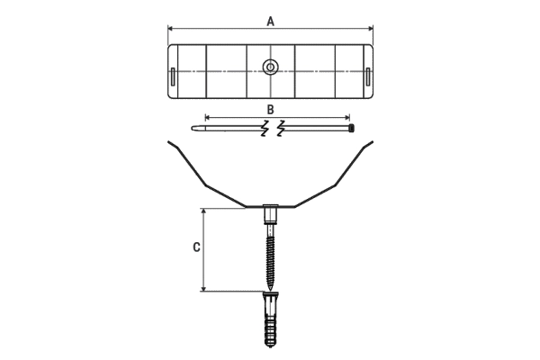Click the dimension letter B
point(270,109)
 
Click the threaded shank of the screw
point(270,256)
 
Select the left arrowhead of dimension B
point(208,116)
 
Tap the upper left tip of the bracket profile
point(169,142)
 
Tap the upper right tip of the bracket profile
point(372,142)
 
